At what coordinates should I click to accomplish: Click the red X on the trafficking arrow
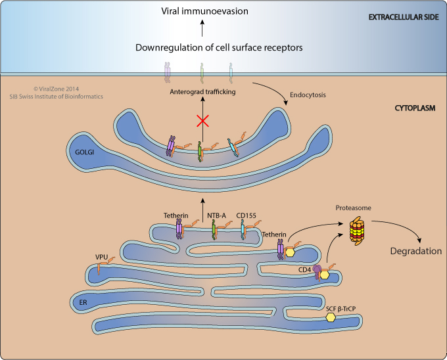click(x=202, y=121)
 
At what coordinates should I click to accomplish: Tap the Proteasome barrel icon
click(x=357, y=231)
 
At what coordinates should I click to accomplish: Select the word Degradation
click(x=416, y=251)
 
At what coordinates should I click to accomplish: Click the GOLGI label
click(x=84, y=152)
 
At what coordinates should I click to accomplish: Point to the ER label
click(x=83, y=302)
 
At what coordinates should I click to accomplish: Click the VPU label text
click(x=101, y=257)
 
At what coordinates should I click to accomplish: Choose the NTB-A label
click(x=216, y=215)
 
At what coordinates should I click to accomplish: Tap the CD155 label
click(x=246, y=215)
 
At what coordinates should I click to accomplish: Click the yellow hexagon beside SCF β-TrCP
click(x=331, y=317)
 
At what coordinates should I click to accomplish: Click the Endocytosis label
click(x=308, y=95)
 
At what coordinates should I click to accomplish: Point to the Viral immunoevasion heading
click(x=204, y=11)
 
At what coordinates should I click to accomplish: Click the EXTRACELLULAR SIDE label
click(x=404, y=17)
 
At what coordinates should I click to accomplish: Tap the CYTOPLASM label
click(x=415, y=108)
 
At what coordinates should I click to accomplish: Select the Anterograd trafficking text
click(x=202, y=92)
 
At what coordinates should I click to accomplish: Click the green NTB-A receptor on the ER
click(x=214, y=231)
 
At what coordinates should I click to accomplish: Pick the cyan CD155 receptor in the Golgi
click(x=233, y=148)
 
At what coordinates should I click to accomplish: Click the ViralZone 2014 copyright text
click(x=56, y=89)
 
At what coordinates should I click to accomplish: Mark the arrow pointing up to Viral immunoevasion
click(x=202, y=28)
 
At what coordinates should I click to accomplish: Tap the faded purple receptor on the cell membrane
click(x=167, y=73)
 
